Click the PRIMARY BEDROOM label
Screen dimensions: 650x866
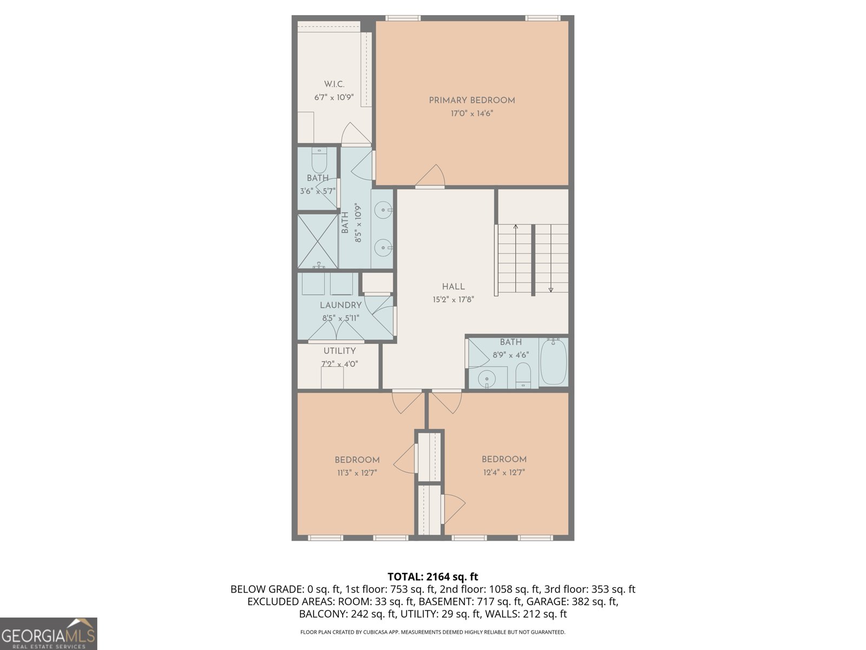click(x=471, y=100)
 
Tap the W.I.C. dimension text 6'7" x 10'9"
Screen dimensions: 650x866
click(x=334, y=97)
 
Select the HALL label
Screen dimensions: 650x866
click(x=453, y=287)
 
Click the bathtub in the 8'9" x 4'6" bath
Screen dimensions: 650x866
click(x=553, y=362)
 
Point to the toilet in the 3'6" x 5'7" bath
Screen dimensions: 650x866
click(x=319, y=161)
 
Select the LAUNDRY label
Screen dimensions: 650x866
click(x=340, y=305)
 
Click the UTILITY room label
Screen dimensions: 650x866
click(x=339, y=351)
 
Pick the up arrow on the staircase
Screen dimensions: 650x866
click(x=516, y=227)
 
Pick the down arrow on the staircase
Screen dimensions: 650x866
click(x=551, y=289)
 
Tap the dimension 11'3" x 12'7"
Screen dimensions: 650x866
click(x=357, y=472)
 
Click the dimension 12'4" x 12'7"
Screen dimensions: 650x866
click(x=504, y=472)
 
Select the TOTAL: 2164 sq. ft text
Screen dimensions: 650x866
click(x=432, y=577)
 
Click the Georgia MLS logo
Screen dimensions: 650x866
click(x=48, y=634)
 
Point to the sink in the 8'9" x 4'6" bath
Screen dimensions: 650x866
click(x=487, y=378)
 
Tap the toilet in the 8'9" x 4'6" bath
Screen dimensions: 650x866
click(x=523, y=375)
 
